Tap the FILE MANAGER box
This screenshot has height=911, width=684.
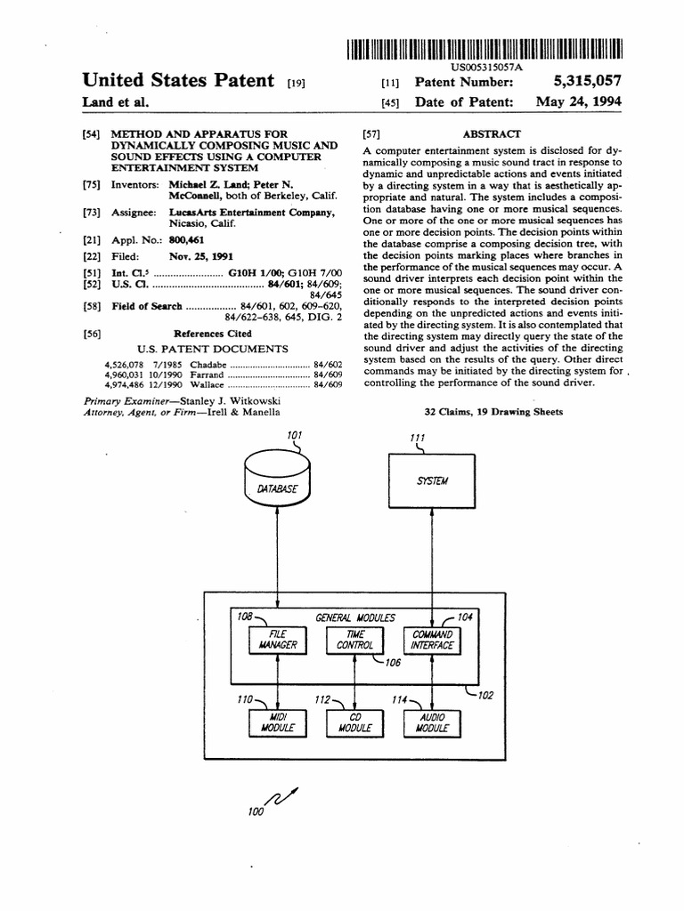(x=278, y=639)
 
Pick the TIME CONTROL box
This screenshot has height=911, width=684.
(x=354, y=640)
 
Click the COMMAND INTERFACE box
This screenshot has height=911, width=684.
(x=432, y=640)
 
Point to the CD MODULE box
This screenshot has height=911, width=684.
(x=354, y=722)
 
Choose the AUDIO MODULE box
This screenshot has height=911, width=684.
(x=432, y=722)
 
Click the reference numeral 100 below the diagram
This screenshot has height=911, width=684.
(x=256, y=811)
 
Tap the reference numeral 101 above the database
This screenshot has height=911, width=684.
(x=295, y=434)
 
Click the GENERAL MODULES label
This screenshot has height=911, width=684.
(x=355, y=617)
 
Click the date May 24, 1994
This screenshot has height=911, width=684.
(x=578, y=101)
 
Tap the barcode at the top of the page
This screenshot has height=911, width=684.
(x=481, y=49)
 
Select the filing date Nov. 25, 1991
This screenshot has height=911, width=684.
(x=194, y=255)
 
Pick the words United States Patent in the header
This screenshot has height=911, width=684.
(x=178, y=81)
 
